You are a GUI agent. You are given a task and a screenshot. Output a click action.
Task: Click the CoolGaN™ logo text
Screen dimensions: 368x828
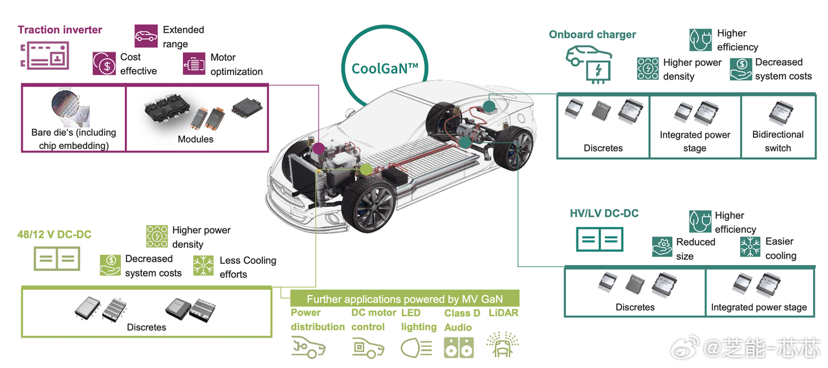pos(385,69)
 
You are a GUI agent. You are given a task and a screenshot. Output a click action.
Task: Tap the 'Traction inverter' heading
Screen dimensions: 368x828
pos(60,30)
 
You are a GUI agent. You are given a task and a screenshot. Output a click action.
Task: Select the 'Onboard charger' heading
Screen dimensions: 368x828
pos(592,34)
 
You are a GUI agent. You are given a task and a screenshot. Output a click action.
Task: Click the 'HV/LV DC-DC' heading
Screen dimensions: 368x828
pos(604,213)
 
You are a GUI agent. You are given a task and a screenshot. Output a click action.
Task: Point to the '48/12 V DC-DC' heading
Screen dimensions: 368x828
pos(54,235)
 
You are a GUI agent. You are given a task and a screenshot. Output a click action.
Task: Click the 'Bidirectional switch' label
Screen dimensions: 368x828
pos(778,141)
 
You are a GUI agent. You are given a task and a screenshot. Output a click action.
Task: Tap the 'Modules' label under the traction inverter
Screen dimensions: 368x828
pos(195,139)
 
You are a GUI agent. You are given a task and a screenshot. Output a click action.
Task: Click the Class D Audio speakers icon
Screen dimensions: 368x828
pos(459,347)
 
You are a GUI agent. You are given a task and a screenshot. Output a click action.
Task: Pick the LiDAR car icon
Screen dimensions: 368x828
pos(502,345)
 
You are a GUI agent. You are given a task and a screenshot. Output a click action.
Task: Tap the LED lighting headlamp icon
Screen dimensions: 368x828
pos(417,347)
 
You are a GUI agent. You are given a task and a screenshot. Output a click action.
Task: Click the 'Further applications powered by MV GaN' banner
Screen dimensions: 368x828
pos(404,299)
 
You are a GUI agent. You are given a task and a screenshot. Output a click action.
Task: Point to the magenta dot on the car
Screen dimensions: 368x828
pos(318,149)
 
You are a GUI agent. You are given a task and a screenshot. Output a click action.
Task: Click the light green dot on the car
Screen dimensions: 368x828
pos(366,169)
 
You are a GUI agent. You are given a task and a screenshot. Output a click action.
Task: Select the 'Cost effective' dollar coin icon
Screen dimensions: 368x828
pos(104,63)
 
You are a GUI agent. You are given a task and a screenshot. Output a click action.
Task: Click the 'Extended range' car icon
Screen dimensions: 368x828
pos(146,36)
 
